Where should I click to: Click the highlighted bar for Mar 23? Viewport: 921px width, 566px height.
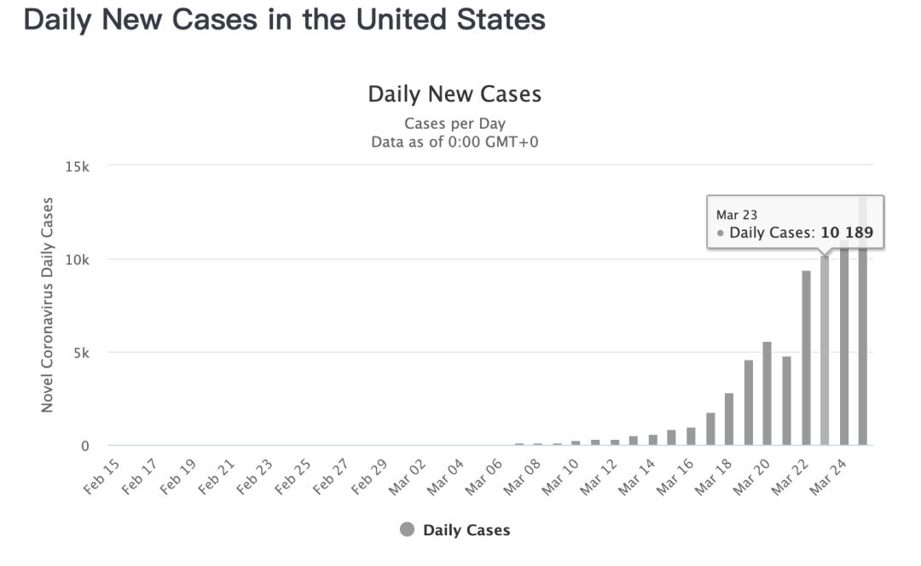825,350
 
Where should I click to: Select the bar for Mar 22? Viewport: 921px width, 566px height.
806,358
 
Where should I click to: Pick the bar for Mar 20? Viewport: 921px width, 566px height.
767,393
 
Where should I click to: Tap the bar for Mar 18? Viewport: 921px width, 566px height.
729,419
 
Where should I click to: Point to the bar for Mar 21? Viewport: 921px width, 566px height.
786,401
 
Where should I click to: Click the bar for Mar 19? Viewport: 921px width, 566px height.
749,403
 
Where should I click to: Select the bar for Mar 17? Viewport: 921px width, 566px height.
710,430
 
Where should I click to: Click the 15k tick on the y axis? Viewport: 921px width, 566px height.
77,167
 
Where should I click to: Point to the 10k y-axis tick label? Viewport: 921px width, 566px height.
77,260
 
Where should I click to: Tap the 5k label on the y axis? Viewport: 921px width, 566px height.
81,353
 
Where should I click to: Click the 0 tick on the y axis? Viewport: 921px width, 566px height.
85,446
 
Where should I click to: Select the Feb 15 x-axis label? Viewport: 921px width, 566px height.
101,476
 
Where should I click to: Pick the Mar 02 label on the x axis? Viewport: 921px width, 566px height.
407,476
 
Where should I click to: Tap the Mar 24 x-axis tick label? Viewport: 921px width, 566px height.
827,476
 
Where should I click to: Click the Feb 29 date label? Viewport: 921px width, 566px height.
369,476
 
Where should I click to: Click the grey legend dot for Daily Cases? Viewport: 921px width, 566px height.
407,529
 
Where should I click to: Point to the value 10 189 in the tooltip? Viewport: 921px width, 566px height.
847,233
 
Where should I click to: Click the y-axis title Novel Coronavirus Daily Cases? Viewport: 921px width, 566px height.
47,304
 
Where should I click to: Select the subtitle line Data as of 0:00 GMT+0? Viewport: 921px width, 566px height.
455,142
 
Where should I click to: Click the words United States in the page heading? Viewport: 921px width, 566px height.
450,20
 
